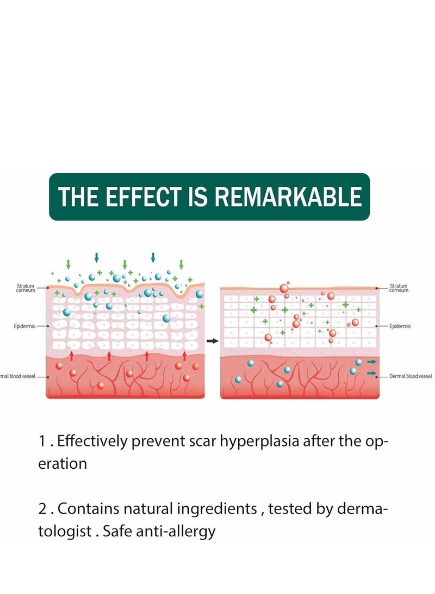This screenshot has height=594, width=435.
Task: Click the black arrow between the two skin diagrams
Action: point(213,341)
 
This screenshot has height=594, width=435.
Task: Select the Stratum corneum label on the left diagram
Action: point(26,288)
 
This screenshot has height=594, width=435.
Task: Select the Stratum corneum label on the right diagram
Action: point(399,288)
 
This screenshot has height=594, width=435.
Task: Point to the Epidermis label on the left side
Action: point(24,326)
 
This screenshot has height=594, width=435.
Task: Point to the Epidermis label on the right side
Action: point(400,326)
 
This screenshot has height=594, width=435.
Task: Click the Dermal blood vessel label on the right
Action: point(411,376)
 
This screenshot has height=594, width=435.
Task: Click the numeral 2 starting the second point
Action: point(42,509)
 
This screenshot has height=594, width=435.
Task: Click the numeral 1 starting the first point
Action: point(42,442)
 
